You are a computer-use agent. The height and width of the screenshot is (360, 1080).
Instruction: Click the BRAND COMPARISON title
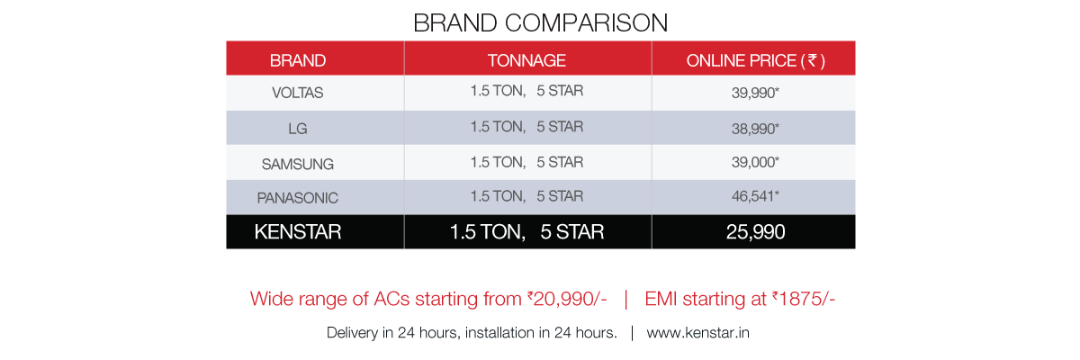point(541,22)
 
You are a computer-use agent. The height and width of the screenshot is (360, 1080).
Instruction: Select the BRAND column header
point(298,60)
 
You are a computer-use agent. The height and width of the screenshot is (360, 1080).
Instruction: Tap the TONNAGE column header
point(526,60)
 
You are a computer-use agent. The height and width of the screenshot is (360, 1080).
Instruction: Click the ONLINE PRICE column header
point(755,60)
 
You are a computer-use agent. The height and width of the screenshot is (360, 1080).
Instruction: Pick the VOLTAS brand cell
point(298,92)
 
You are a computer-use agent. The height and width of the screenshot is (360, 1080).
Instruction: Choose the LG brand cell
point(298,128)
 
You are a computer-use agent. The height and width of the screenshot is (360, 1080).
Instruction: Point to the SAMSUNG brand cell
point(298,164)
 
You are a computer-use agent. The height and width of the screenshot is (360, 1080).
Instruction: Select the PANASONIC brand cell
point(298,198)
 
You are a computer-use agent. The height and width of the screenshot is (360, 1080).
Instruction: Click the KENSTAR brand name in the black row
point(298,232)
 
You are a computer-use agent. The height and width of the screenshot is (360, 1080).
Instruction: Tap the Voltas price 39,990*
point(755,92)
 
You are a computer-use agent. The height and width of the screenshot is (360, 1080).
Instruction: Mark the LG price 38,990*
point(755,128)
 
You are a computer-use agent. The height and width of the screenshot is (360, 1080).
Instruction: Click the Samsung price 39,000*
point(755,162)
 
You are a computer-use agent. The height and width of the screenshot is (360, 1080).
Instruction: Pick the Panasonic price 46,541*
point(755,195)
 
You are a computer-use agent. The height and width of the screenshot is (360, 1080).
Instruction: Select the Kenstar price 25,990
point(755,232)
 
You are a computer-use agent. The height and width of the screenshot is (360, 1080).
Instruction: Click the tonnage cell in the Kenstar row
point(526,232)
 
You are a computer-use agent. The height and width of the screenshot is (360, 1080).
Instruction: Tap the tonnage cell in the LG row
point(526,126)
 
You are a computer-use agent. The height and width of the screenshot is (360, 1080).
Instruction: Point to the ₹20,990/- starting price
point(567,299)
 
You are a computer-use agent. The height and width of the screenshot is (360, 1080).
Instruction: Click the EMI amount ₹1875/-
point(803,299)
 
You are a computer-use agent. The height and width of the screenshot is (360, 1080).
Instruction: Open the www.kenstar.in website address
point(697,332)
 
